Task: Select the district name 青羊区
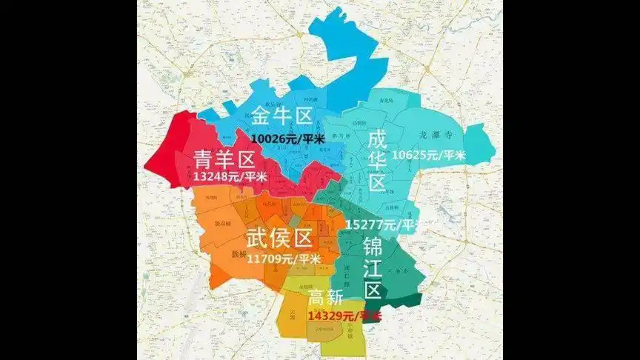[224, 159]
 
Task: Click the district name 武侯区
[277, 239]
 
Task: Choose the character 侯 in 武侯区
[277, 239]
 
